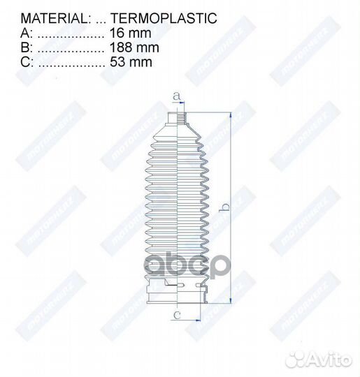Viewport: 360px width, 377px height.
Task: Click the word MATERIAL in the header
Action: click(x=49, y=19)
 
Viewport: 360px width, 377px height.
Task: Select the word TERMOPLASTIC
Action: click(x=157, y=19)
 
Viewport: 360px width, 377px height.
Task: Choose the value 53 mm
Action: click(x=131, y=62)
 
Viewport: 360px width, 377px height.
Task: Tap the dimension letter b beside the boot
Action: click(x=224, y=207)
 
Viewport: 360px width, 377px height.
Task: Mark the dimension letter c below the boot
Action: click(x=178, y=316)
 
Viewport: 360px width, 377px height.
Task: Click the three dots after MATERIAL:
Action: click(x=96, y=19)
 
